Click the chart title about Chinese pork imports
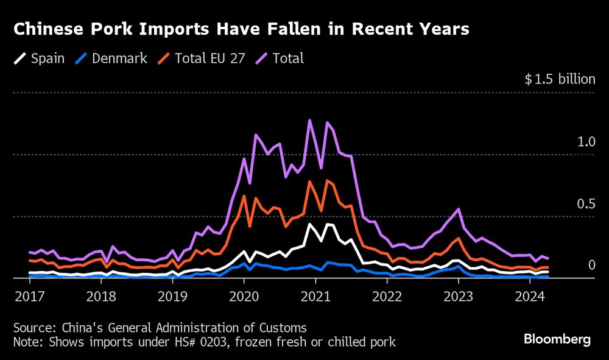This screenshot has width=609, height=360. click(x=241, y=29)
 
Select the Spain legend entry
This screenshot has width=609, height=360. click(x=40, y=58)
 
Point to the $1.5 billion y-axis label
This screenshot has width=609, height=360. click(x=560, y=79)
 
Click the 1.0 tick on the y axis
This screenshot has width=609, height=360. click(x=586, y=142)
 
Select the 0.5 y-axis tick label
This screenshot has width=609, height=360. click(x=586, y=203)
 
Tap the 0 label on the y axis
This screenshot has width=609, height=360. click(x=590, y=265)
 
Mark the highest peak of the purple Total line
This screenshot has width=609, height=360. click(x=310, y=120)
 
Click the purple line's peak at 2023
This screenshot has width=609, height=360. click(x=458, y=209)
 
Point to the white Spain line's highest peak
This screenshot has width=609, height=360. click(x=310, y=224)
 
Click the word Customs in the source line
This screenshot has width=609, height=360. click(x=284, y=327)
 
